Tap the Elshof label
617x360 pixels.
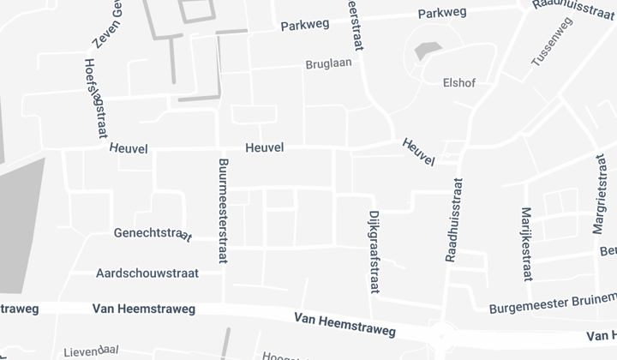(458, 83)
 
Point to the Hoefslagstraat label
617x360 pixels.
(94, 98)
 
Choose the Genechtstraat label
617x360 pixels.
(153, 234)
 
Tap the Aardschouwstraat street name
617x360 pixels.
(147, 273)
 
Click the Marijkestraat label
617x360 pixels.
(527, 243)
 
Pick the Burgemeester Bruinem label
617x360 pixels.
(553, 303)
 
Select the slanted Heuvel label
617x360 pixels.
(418, 152)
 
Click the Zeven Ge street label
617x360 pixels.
(105, 23)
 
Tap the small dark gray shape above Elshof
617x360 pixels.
(425, 51)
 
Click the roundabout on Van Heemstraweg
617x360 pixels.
(442, 335)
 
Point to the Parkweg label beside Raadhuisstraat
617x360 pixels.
(442, 13)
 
